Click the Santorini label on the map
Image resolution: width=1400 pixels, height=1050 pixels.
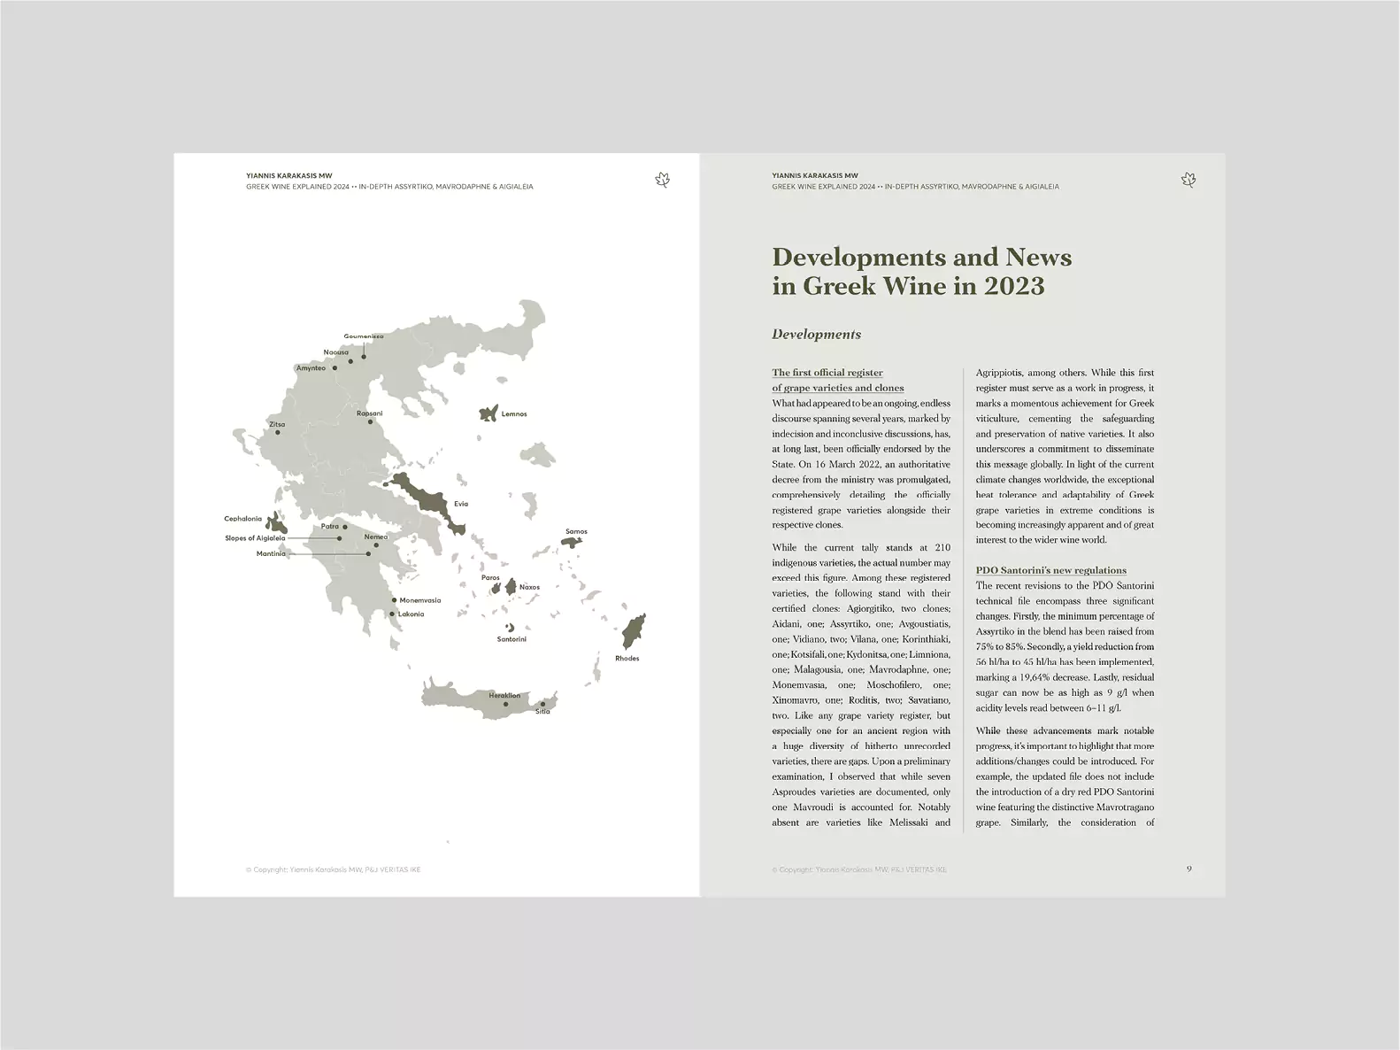coord(512,639)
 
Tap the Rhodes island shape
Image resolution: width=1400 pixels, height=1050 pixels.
coord(632,632)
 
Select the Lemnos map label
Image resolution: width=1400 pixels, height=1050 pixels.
coord(514,414)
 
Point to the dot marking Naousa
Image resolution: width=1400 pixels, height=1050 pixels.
coord(350,361)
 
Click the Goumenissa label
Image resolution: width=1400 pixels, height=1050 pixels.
coord(364,336)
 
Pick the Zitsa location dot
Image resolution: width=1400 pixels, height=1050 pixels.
coord(278,433)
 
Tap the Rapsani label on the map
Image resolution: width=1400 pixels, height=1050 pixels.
coord(370,413)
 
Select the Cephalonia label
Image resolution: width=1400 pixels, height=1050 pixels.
coord(243,519)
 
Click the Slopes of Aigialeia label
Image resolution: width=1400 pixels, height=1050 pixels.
coord(255,538)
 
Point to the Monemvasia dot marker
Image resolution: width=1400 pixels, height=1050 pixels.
coord(394,600)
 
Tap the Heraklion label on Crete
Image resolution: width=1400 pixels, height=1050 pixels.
coord(504,696)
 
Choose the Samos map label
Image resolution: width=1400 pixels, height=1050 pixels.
coord(576,532)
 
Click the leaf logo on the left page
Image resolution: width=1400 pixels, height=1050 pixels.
coord(662,181)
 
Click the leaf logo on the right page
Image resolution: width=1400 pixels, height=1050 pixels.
coord(1188,181)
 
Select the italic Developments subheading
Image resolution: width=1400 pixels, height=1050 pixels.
coord(816,335)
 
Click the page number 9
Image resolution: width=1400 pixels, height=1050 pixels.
coord(1188,869)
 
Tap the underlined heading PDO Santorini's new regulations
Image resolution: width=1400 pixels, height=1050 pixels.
coord(1051,570)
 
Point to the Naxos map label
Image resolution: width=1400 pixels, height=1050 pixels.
coord(529,588)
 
